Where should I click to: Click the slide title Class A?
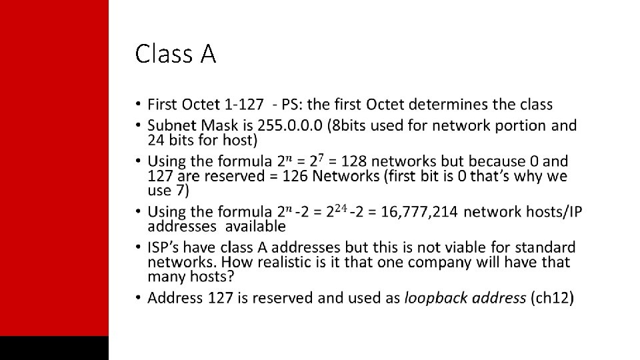tap(175, 54)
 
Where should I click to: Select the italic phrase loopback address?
tap(465, 297)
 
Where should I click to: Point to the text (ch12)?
tap(552, 297)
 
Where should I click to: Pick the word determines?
tap(449, 105)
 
